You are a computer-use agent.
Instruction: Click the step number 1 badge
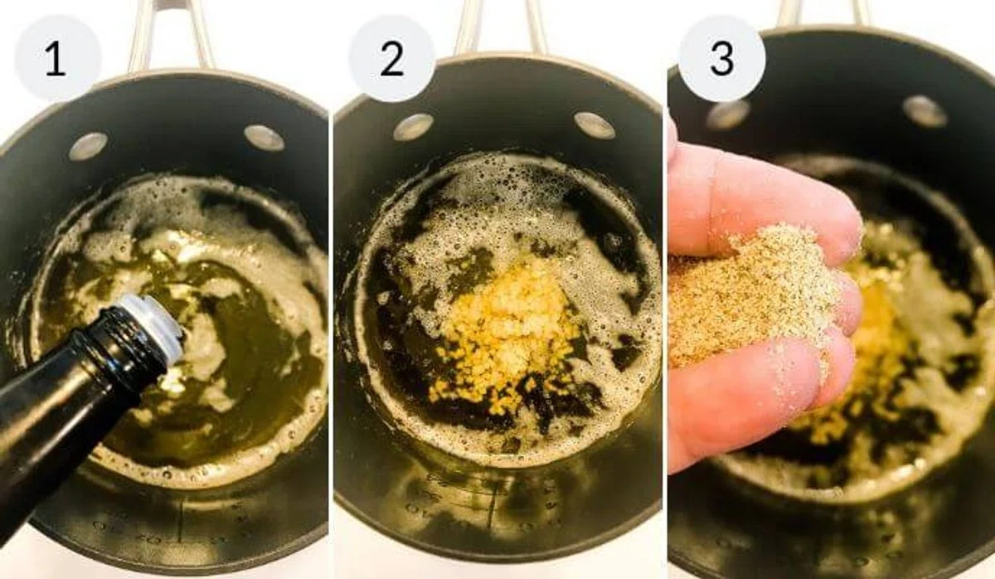click(58, 58)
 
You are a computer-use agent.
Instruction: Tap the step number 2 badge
click(391, 58)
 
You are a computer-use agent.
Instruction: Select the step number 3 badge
click(722, 58)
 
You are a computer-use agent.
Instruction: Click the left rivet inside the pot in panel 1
click(89, 146)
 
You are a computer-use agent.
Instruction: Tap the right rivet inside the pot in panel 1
click(265, 138)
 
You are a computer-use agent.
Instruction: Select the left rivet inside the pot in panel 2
click(413, 127)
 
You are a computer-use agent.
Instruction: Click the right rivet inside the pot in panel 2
click(595, 125)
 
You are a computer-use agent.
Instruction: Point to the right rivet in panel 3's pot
click(925, 110)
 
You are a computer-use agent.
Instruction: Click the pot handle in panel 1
click(169, 36)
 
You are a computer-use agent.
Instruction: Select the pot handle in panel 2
click(501, 27)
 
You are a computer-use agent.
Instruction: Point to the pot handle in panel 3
click(822, 12)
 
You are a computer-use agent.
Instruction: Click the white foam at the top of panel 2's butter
click(502, 187)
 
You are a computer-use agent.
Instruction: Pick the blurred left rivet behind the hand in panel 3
click(728, 115)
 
